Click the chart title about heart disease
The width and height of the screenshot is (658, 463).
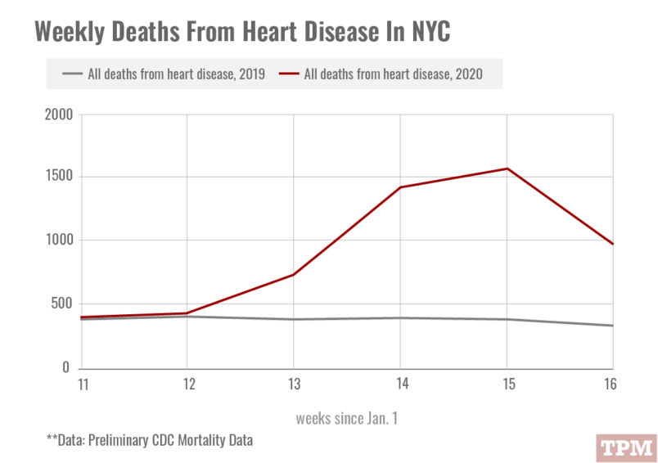click(x=242, y=33)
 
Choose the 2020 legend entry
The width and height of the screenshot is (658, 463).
click(x=383, y=74)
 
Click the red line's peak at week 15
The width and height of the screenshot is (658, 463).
click(x=507, y=169)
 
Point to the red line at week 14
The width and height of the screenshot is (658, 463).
click(x=400, y=187)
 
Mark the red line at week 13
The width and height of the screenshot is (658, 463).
click(x=293, y=275)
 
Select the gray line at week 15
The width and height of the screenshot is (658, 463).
click(x=507, y=319)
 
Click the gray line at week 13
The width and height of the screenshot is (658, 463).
click(x=293, y=319)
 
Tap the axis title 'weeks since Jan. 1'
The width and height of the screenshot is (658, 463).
click(x=347, y=418)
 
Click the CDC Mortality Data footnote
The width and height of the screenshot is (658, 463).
click(x=150, y=440)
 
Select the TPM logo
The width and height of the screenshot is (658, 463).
click(x=625, y=447)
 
